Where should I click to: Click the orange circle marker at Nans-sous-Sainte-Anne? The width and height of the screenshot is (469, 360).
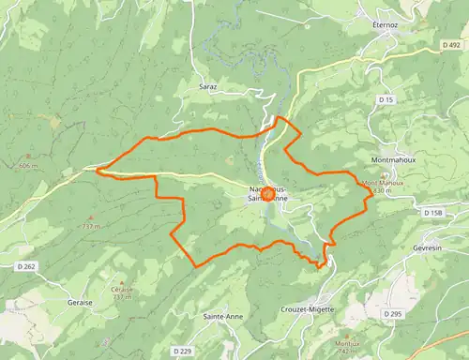click(266, 193)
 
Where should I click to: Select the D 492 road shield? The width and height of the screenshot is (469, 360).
click(449, 43)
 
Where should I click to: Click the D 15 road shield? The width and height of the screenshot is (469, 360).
click(386, 99)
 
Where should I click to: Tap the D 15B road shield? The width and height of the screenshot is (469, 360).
click(432, 214)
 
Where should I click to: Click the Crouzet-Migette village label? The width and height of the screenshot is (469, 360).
click(306, 307)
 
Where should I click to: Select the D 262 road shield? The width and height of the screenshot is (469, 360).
click(26, 267)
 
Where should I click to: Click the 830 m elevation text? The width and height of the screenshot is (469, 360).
click(381, 190)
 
